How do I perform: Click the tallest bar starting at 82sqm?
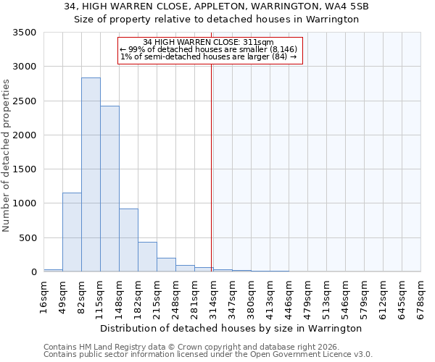click(x=91, y=174)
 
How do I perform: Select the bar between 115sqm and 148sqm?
click(x=109, y=188)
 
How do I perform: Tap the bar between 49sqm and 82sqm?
click(x=72, y=232)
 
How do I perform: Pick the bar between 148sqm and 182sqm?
click(x=128, y=240)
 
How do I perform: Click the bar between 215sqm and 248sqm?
click(x=166, y=264)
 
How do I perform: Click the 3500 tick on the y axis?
click(x=25, y=33)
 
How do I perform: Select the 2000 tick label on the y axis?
click(x=25, y=135)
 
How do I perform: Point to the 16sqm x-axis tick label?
click(x=43, y=297)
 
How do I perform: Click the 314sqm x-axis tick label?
click(x=213, y=297)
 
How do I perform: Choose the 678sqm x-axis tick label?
click(x=420, y=297)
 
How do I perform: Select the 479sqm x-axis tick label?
click(x=307, y=297)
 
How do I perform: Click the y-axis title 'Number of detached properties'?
click(x=7, y=156)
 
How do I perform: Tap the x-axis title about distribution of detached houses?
click(x=231, y=328)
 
